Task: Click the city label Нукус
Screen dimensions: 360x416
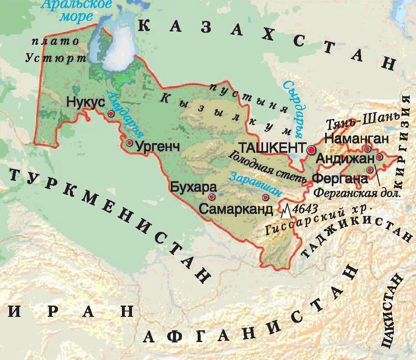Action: point(85,101)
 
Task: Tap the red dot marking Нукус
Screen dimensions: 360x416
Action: point(111,113)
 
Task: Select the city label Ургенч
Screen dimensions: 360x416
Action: point(156,147)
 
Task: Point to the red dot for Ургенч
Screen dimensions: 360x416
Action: point(129,143)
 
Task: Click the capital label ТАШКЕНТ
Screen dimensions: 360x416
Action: point(271,147)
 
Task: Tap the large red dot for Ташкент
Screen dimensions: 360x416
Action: point(311,149)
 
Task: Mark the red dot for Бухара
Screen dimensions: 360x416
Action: point(212,196)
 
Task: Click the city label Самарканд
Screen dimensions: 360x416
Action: point(236,209)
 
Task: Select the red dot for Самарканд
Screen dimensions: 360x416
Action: point(265,197)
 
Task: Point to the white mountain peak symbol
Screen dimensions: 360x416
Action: point(286,211)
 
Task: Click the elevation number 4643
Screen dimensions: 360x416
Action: point(306,208)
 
